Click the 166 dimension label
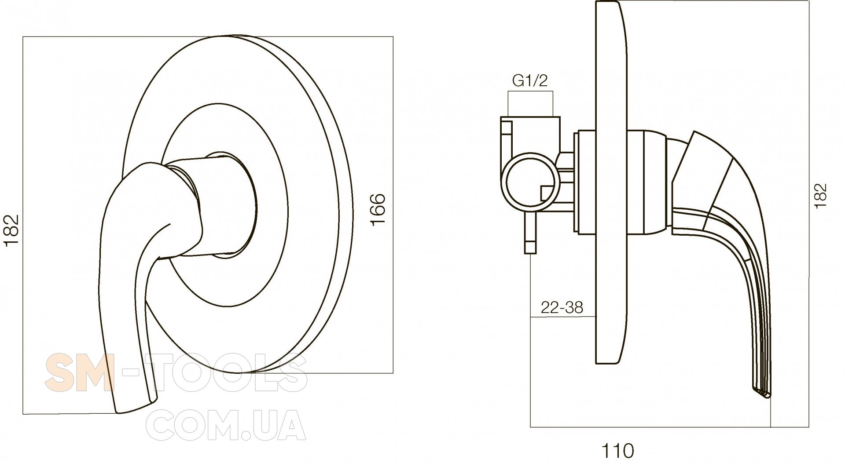point(378,209)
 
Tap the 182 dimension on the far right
point(820,195)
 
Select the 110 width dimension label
point(618,450)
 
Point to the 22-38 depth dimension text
point(562,307)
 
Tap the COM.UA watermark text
point(226,425)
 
